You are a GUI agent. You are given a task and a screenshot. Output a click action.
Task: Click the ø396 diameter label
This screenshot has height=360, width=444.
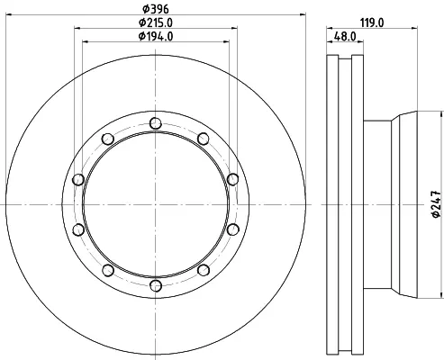(x=156, y=9)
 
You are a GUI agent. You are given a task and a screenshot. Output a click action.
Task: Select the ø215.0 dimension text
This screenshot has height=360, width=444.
(x=156, y=22)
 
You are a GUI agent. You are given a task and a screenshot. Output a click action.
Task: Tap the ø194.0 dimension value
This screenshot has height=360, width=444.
(x=156, y=37)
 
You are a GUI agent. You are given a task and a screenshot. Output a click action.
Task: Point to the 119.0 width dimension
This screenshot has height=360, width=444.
(x=372, y=22)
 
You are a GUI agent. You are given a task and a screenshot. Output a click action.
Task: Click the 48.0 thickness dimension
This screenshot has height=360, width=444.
(x=345, y=37)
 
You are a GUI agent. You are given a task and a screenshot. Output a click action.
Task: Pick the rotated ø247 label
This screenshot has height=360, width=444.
(x=436, y=204)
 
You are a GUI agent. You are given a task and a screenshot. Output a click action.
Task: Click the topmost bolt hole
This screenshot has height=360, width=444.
(x=156, y=123)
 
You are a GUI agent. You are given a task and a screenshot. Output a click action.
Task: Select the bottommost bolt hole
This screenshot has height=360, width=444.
(x=156, y=286)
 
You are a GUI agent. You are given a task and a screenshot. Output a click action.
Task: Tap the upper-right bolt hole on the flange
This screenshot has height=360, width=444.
(x=204, y=139)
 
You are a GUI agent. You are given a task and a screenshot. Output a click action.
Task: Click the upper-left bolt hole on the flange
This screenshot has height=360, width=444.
(x=107, y=139)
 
